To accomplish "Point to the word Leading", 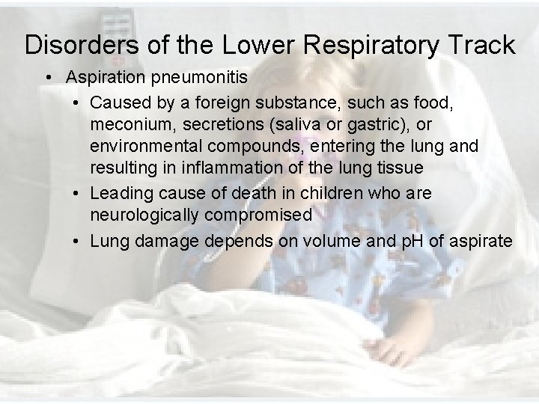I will pos(121,193).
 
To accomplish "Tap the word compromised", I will pos(262,214).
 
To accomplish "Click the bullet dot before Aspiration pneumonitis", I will pos(47,78).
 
